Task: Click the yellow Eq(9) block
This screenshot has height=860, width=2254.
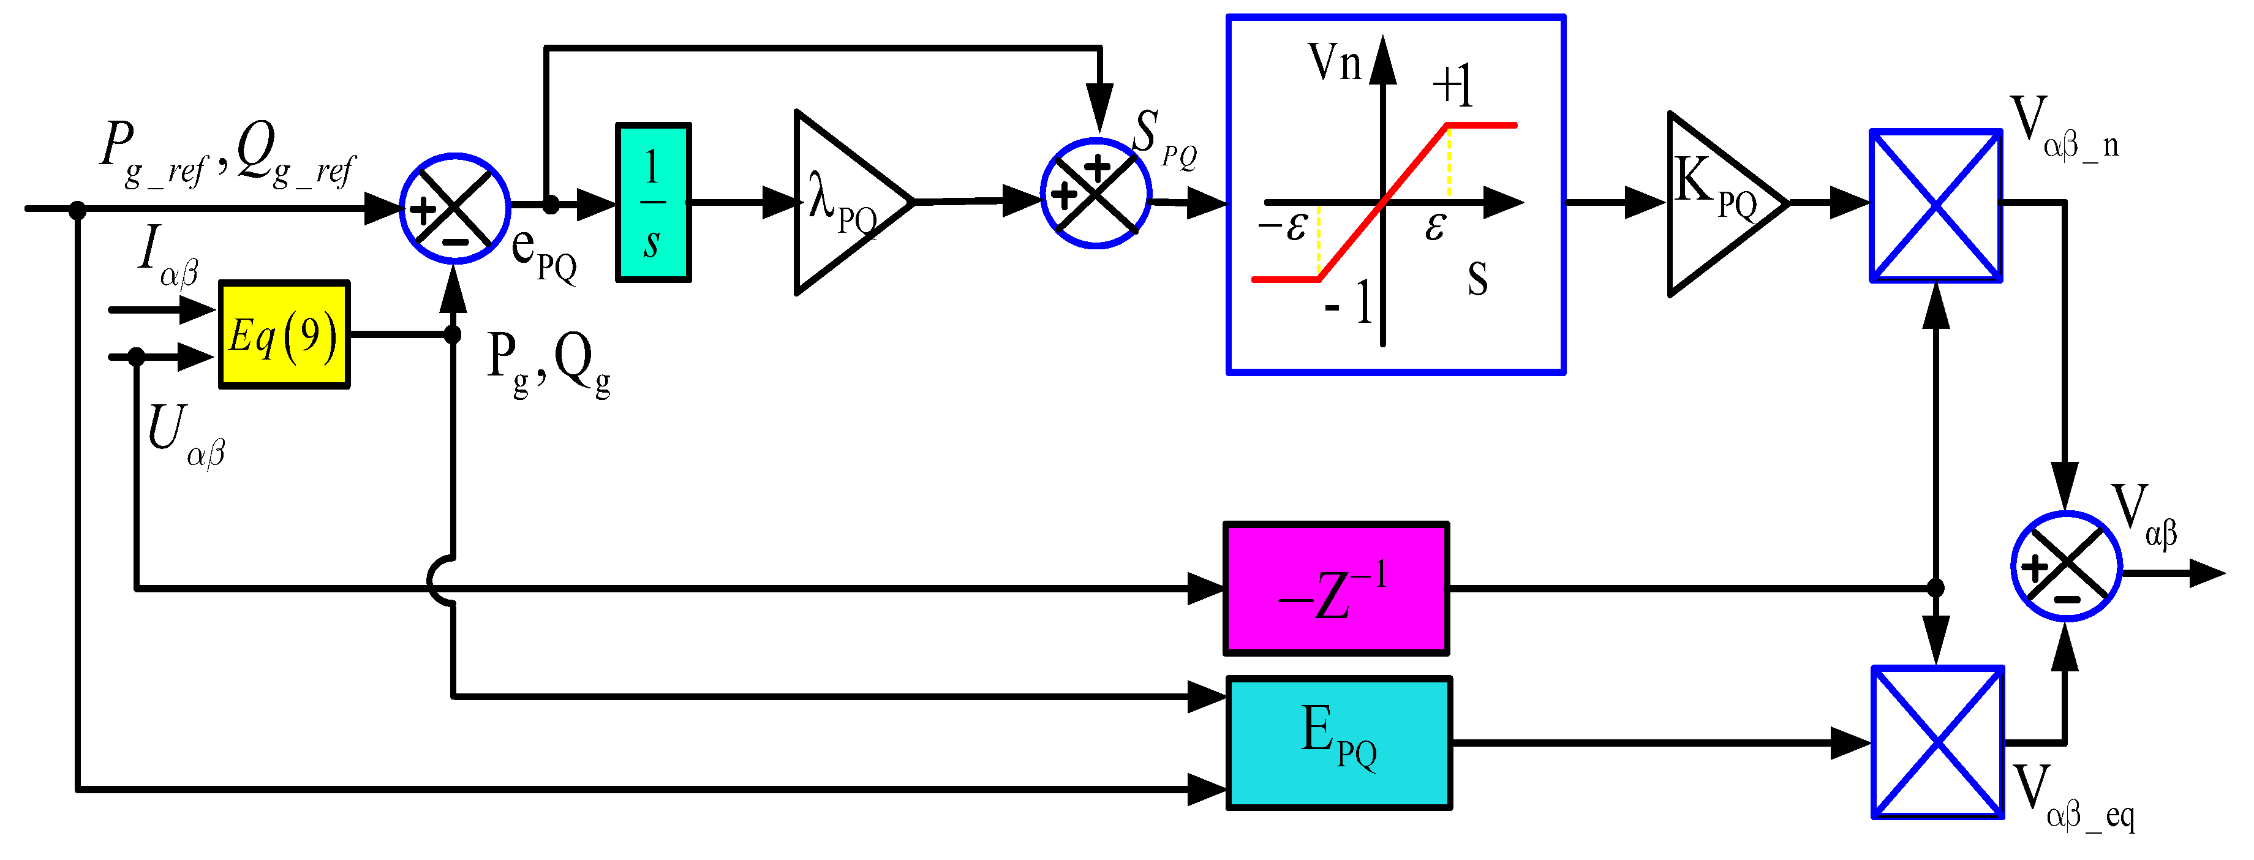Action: click(x=284, y=334)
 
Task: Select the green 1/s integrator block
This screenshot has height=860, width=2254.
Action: click(x=653, y=203)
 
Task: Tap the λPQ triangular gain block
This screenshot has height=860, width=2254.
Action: click(x=845, y=203)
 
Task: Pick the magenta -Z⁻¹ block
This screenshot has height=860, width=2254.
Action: click(x=1336, y=589)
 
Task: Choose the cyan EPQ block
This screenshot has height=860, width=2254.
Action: click(x=1339, y=743)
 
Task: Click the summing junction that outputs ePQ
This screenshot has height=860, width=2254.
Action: click(x=454, y=208)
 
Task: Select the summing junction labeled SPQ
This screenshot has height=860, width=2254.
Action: click(x=1096, y=194)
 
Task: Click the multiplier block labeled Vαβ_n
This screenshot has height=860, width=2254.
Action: click(x=1936, y=206)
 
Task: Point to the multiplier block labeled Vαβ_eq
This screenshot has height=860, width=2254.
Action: click(x=1937, y=743)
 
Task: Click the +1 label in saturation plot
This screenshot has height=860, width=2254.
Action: click(x=1452, y=86)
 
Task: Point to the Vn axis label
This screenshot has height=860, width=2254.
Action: click(x=1335, y=63)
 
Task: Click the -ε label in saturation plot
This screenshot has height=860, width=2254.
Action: click(x=1283, y=227)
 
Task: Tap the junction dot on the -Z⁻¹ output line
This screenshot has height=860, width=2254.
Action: click(x=1936, y=588)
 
